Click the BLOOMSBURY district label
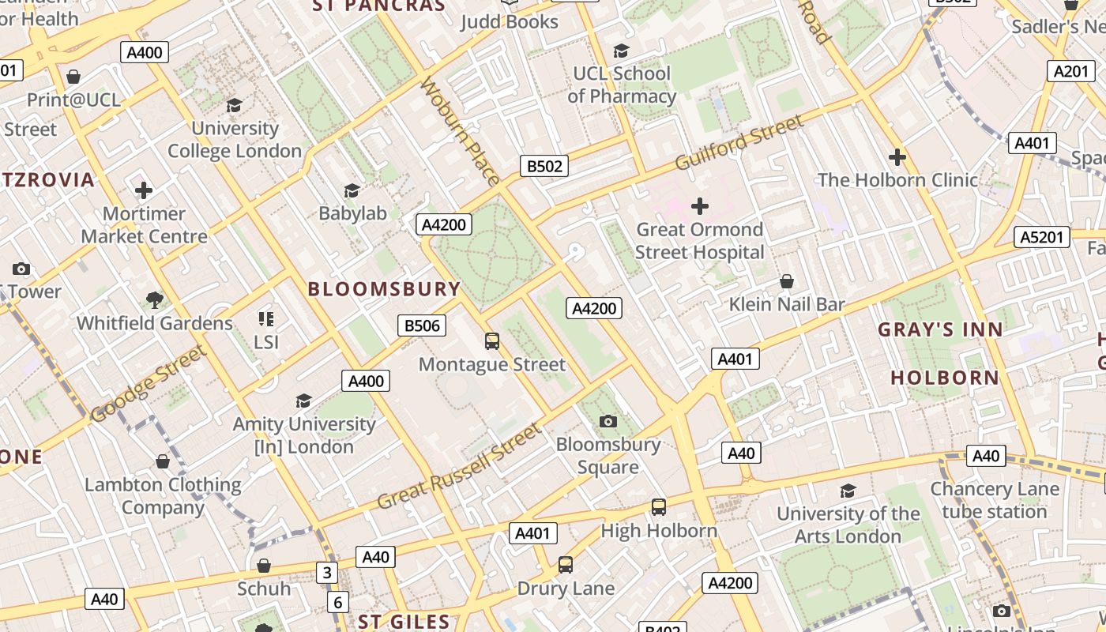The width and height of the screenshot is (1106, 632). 384,289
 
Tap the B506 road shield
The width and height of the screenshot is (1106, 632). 421,325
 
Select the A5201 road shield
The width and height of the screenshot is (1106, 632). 1042,237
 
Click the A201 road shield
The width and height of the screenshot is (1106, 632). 1070,71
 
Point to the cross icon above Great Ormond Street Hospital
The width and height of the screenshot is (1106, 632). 699,206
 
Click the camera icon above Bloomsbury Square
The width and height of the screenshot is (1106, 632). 608,421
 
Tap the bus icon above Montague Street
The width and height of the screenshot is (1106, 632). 492,341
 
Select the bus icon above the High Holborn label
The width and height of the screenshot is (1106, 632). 659,507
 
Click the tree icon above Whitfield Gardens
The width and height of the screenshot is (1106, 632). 155,299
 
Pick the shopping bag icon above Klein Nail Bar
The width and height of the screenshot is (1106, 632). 787,281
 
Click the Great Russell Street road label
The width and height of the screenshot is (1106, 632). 460,466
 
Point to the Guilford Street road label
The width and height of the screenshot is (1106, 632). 739,142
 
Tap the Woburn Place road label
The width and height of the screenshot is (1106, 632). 460,130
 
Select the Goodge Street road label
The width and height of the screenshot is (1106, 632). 148,384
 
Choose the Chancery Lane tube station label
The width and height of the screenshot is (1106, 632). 994,500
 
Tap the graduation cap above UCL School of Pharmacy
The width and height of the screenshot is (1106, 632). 622,51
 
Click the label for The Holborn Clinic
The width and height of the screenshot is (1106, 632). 897,180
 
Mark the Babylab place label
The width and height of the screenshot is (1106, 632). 352,213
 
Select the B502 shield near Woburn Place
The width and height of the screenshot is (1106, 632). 544,166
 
